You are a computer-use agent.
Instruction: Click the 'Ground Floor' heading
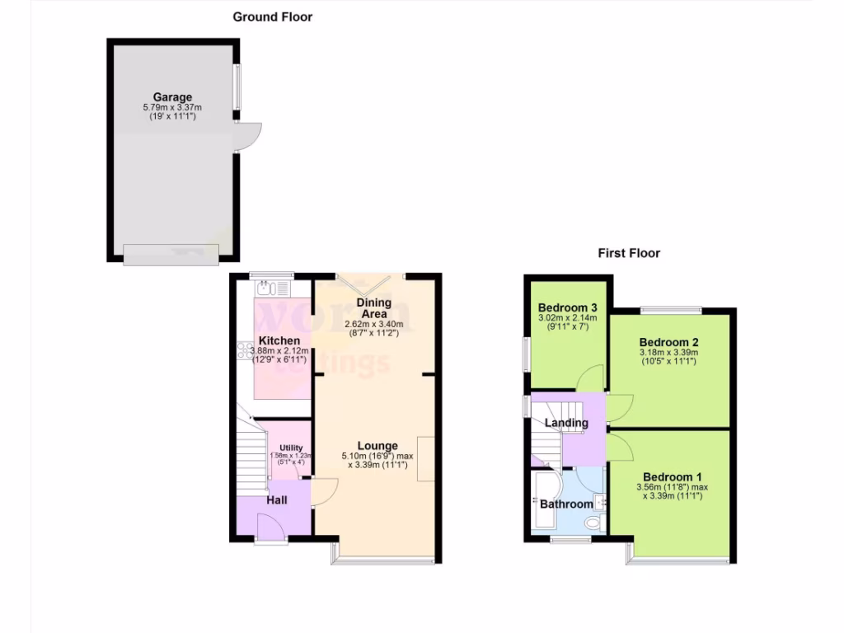tap(272, 16)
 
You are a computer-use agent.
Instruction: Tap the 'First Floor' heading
tap(629, 253)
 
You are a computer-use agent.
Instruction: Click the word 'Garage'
tap(171, 97)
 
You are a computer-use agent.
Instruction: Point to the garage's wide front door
tap(171, 255)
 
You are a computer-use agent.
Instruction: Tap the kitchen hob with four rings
tap(244, 349)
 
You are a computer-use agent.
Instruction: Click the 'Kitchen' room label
tap(279, 340)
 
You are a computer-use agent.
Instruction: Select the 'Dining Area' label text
tap(373, 308)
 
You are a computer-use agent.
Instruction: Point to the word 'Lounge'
tap(377, 446)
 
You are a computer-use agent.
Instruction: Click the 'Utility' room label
tap(291, 448)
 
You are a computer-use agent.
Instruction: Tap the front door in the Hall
tap(270, 527)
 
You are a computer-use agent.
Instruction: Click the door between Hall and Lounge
tap(324, 493)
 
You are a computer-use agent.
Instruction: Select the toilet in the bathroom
tap(591, 523)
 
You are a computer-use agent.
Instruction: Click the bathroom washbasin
tap(603, 500)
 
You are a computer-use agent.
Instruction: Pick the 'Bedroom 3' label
tap(568, 307)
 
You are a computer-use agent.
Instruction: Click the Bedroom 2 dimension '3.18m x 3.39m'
tap(668, 353)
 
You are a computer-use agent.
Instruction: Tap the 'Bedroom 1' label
tap(673, 476)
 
